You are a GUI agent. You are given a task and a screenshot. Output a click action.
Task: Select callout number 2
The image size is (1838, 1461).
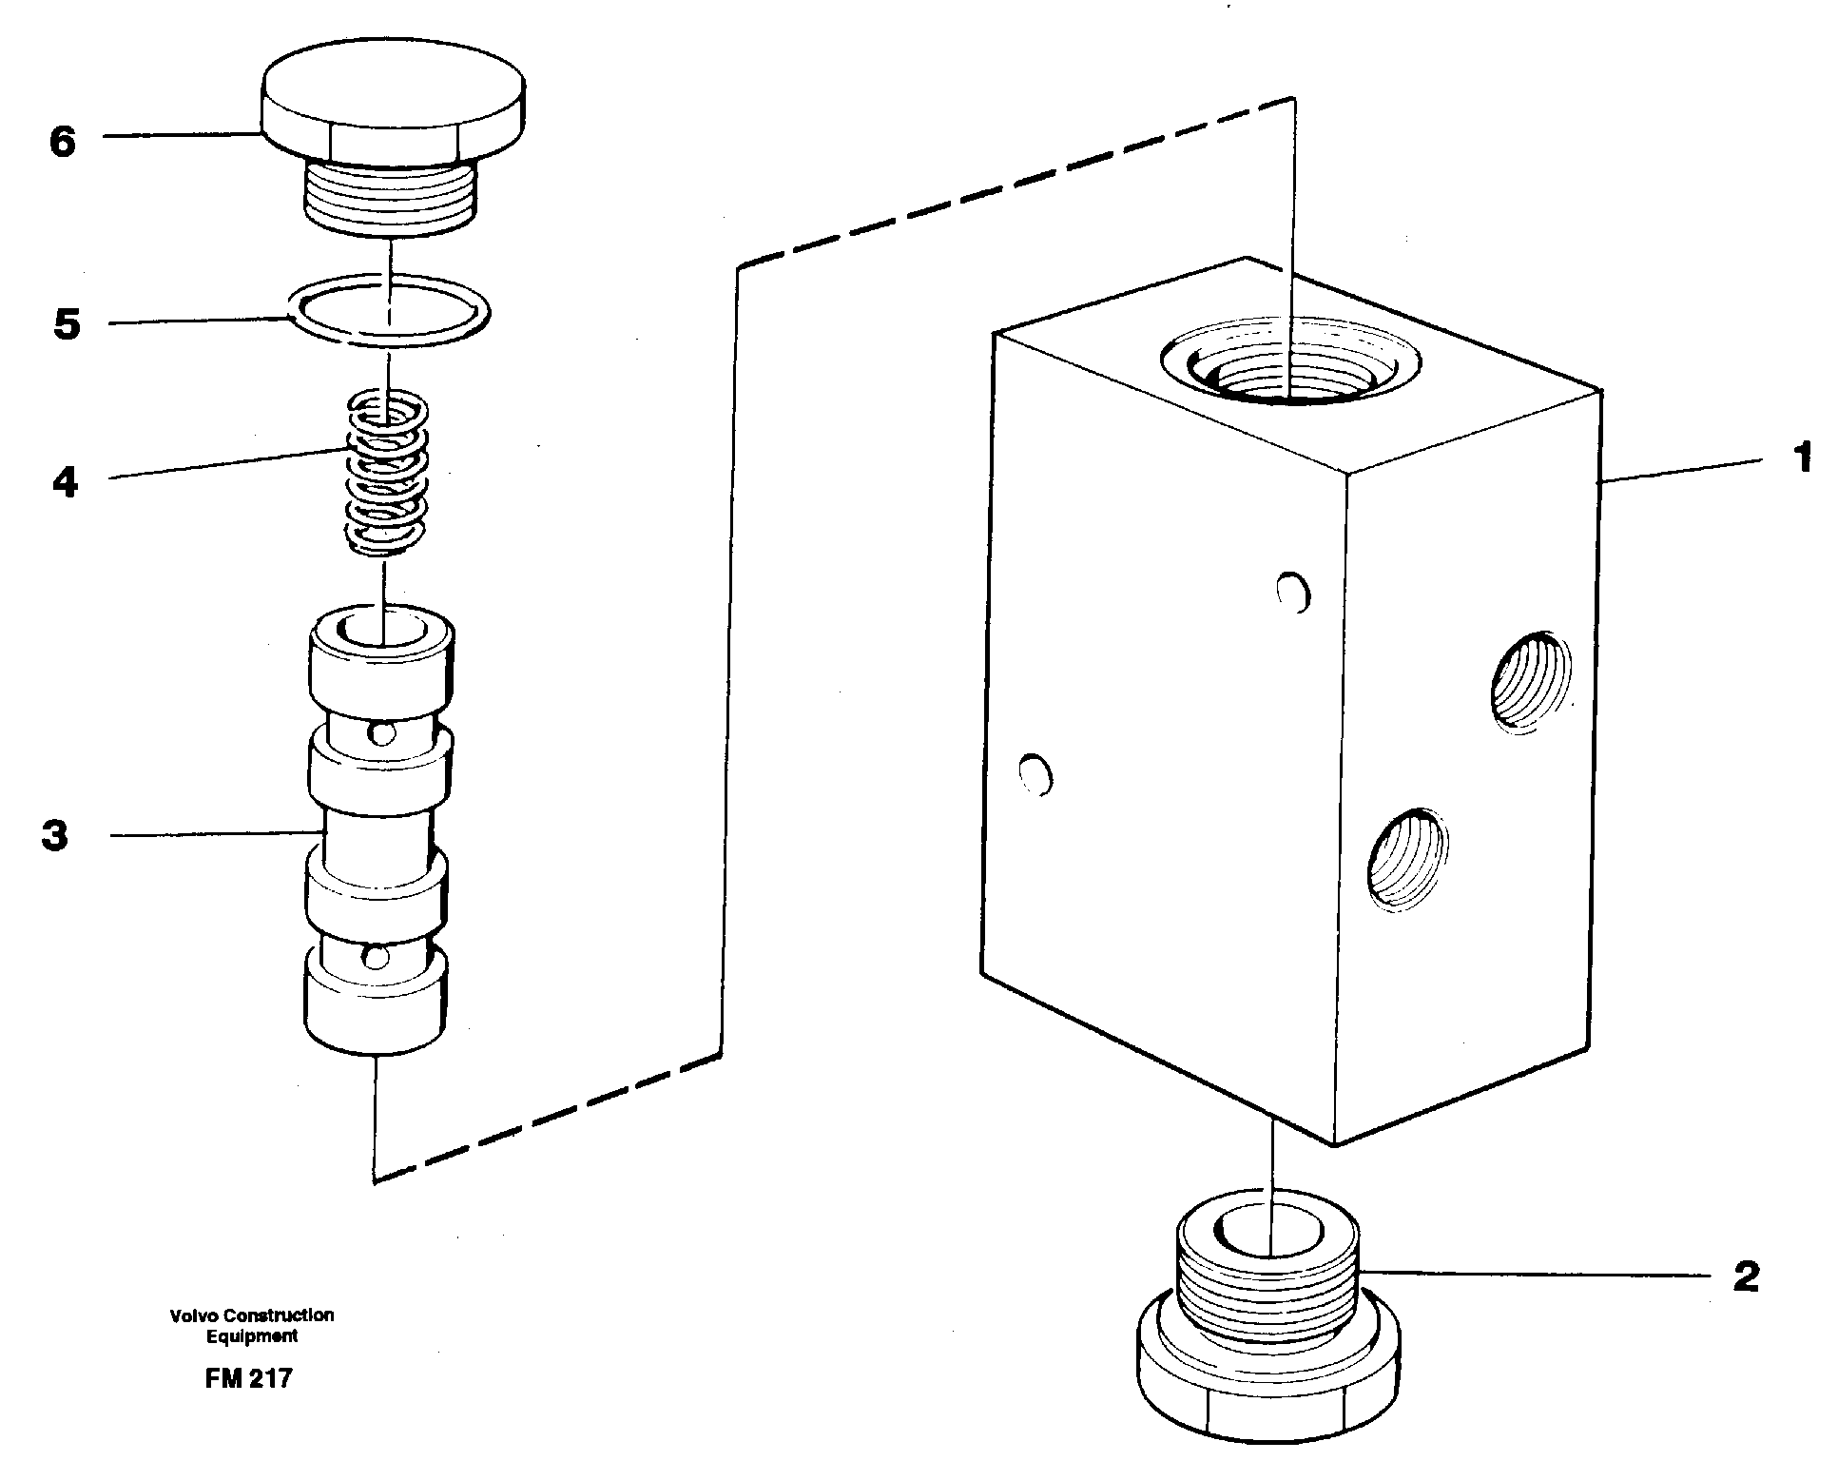click(x=1746, y=1276)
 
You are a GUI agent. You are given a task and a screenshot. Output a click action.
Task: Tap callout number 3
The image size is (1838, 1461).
click(x=55, y=836)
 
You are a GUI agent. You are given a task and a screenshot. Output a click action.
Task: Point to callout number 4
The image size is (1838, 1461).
click(x=65, y=482)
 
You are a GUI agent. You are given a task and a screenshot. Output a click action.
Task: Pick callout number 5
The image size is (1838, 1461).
click(x=67, y=324)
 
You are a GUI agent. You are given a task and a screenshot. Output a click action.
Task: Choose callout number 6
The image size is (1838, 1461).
click(x=63, y=143)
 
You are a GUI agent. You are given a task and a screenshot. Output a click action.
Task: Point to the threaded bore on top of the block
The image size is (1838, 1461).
click(x=1290, y=366)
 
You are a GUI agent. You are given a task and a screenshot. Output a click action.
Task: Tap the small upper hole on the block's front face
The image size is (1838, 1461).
click(x=1293, y=593)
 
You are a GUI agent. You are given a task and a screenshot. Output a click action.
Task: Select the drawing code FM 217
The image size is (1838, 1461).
click(x=248, y=1378)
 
